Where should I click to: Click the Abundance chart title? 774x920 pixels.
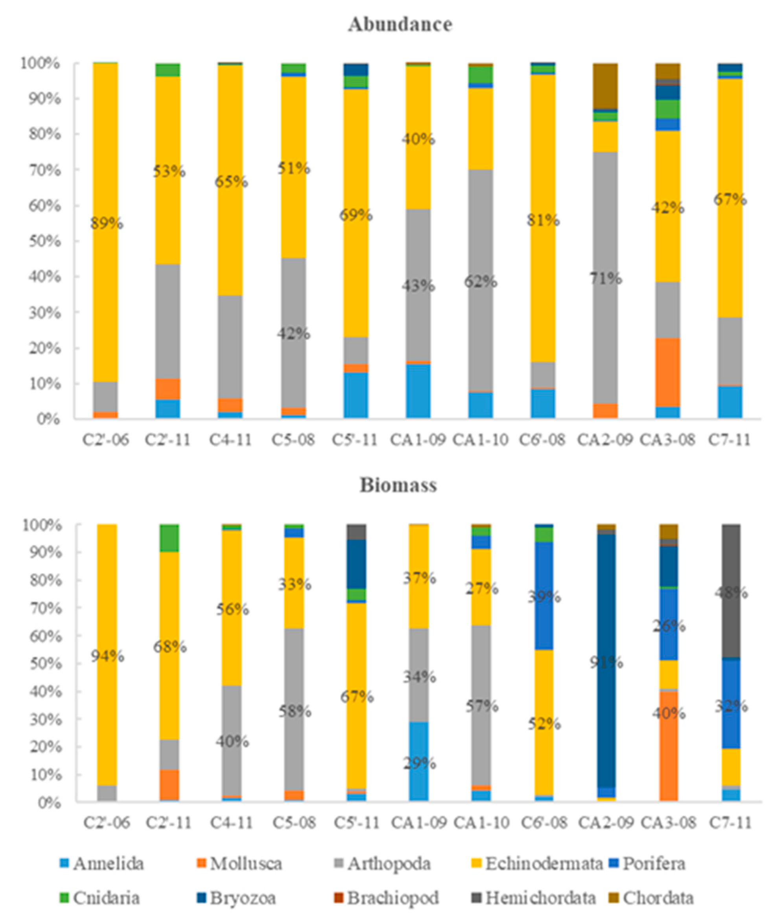click(400, 24)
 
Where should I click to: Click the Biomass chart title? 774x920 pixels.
click(398, 486)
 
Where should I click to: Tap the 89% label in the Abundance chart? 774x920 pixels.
click(107, 224)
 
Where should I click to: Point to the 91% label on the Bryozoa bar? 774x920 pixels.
click(606, 663)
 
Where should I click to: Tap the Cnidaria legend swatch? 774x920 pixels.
click(64, 898)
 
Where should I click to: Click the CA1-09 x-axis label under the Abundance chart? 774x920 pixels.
click(418, 440)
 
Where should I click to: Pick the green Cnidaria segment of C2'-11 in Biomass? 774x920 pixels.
click(169, 538)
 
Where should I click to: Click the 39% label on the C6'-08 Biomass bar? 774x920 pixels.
click(544, 597)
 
